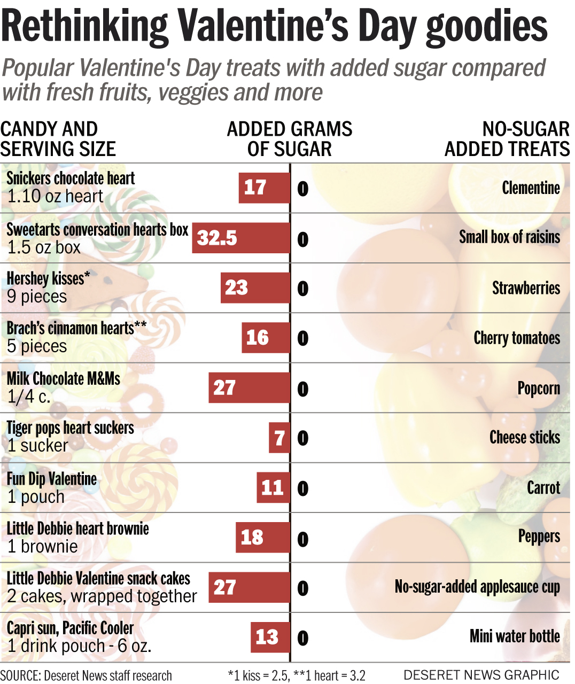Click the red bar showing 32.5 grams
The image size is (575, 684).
click(241, 238)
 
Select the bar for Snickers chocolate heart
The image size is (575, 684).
click(264, 188)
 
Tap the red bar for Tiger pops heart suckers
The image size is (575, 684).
click(279, 438)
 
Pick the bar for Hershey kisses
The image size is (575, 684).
click(255, 288)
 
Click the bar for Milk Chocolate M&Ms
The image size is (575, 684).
click(249, 388)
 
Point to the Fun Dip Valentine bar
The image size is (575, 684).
click(273, 487)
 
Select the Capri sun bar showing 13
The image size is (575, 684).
click(270, 637)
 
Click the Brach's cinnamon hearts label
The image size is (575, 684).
click(76, 328)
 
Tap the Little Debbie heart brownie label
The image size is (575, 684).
click(77, 528)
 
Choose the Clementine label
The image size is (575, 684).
click(531, 188)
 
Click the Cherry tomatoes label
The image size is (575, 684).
click(517, 338)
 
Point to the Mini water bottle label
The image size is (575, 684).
click(515, 636)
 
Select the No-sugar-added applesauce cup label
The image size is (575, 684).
click(477, 587)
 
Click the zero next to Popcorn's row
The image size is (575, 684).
click(303, 388)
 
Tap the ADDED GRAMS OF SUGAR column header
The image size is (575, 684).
click(290, 139)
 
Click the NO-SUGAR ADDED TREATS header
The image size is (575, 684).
click(507, 139)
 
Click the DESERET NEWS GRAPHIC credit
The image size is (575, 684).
click(481, 675)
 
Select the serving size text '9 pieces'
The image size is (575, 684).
click(37, 297)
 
